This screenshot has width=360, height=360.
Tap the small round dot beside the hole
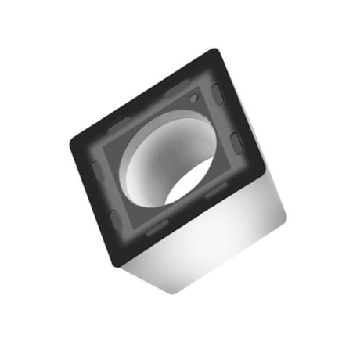193,99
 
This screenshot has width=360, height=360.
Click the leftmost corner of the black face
73,142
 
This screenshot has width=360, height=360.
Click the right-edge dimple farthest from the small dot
235,142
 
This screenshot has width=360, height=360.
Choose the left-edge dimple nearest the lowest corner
114,220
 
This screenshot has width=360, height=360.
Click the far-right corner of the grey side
286,210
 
